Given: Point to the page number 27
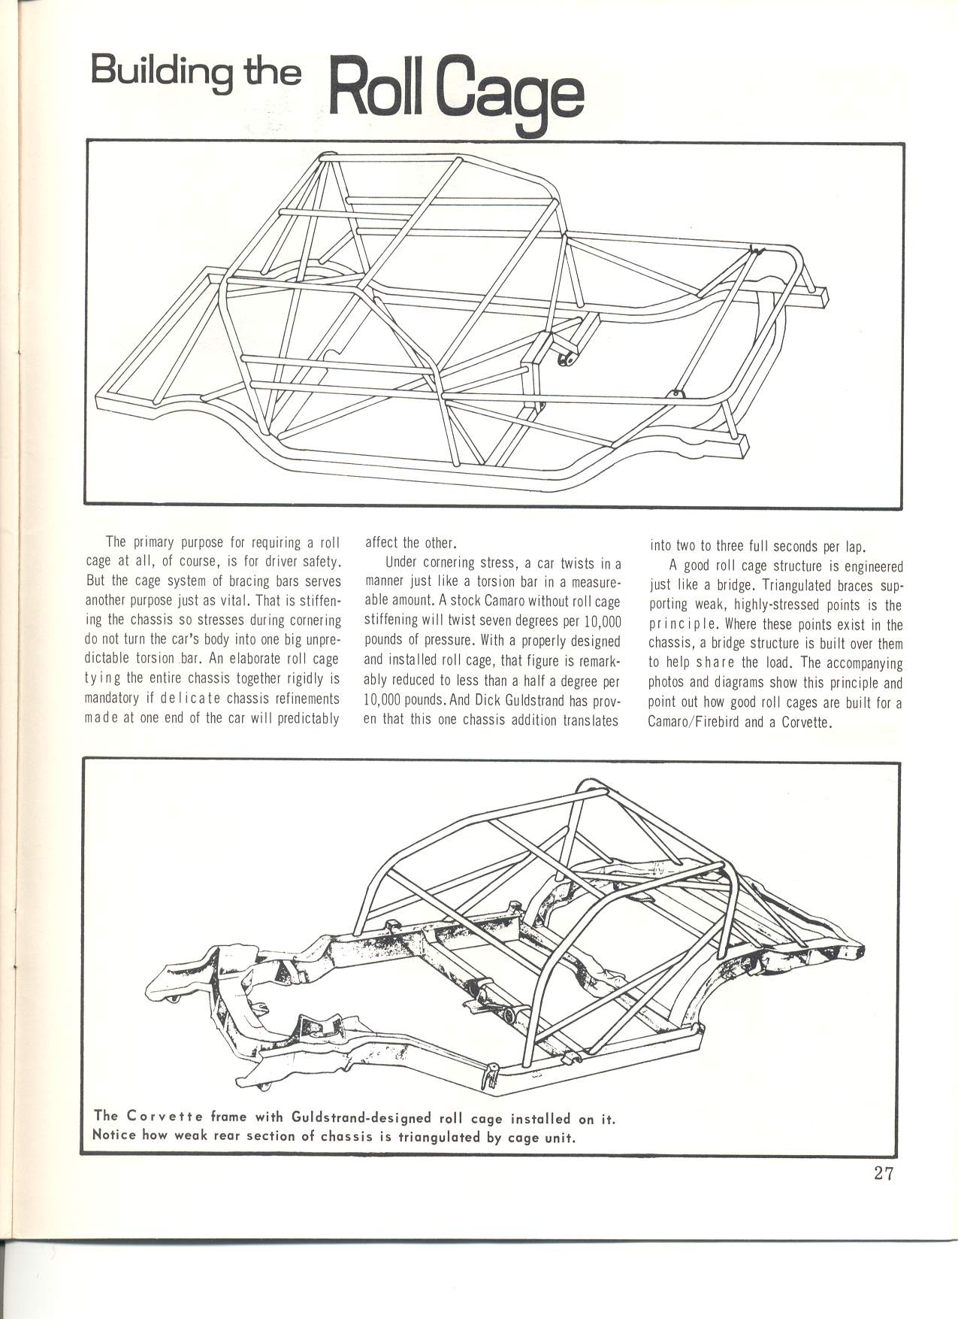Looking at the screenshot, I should [x=884, y=1174].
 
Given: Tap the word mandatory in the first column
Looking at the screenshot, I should [x=111, y=699].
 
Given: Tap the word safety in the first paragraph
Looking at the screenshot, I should [x=321, y=562].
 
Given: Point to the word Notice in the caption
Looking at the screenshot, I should [x=113, y=1136].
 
